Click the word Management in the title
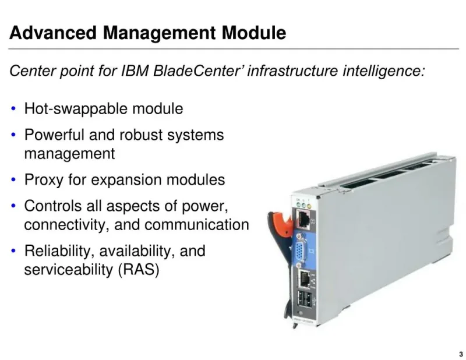159,33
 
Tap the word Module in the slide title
254,33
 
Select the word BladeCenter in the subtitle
196,70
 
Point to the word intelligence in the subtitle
384,71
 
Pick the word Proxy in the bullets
44,180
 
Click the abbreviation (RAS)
139,270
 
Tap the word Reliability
60,251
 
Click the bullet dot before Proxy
13,179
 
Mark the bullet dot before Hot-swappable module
13,108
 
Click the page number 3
461,354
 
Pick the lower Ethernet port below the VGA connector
303,280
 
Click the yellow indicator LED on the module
309,206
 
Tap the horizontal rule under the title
234,48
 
